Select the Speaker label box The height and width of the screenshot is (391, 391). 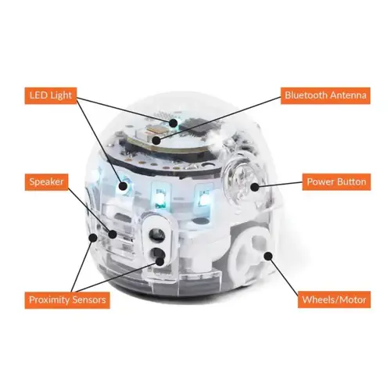tap(48, 181)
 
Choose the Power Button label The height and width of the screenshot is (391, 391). tap(335, 181)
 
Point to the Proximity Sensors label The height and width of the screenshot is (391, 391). tap(66, 300)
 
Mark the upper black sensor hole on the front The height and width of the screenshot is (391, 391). tap(156, 234)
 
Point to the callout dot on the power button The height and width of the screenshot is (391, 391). tap(255, 186)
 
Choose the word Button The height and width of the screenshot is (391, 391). tap(350, 181)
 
